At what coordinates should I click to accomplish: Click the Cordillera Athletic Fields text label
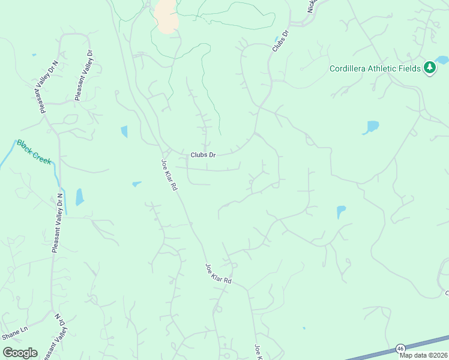[375, 68]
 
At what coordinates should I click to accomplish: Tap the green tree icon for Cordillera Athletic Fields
[429, 68]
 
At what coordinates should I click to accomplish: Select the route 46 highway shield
[400, 348]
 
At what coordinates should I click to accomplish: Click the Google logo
[20, 352]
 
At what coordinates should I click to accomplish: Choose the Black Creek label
[34, 152]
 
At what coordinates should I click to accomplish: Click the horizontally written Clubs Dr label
[203, 154]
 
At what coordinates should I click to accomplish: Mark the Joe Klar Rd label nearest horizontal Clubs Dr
[170, 175]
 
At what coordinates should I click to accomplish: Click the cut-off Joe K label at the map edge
[258, 352]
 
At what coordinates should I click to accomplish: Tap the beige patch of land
[167, 17]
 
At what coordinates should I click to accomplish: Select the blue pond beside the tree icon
[442, 60]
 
